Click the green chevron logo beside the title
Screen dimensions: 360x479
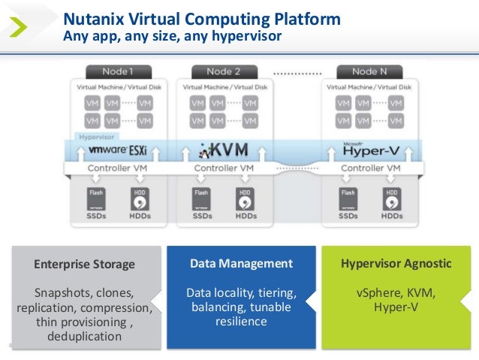22,26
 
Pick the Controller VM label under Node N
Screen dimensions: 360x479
367,168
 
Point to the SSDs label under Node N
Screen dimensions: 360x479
348,216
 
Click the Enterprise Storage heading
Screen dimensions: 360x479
84,264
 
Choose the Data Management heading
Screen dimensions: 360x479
240,263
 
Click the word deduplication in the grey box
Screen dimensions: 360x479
84,336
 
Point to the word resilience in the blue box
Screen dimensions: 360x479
240,321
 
